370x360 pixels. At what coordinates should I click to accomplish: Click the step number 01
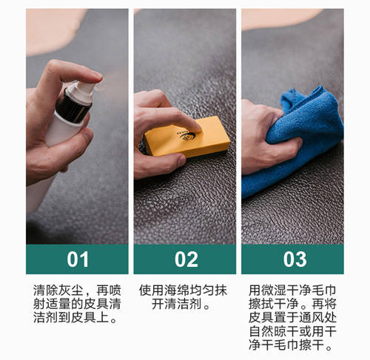pos(78,259)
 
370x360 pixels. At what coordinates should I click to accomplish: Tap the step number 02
pos(186,259)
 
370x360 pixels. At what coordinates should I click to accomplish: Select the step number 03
pos(295,259)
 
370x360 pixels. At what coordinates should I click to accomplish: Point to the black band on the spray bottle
pos(73,109)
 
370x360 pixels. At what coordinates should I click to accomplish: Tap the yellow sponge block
pos(187,137)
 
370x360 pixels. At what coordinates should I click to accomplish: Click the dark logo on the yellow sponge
pos(186,136)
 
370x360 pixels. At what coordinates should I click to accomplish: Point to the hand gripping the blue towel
pos(268,139)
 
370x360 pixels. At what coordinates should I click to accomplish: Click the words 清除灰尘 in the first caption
pos(58,291)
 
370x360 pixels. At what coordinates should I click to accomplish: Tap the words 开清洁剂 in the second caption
pos(177,304)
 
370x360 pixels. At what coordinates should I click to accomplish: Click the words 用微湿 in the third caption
pos(267,291)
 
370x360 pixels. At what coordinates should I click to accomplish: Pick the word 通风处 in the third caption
pos(317,317)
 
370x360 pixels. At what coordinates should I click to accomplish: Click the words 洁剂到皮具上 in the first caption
pos(72,317)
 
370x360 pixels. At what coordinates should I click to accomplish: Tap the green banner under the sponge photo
pos(185,259)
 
